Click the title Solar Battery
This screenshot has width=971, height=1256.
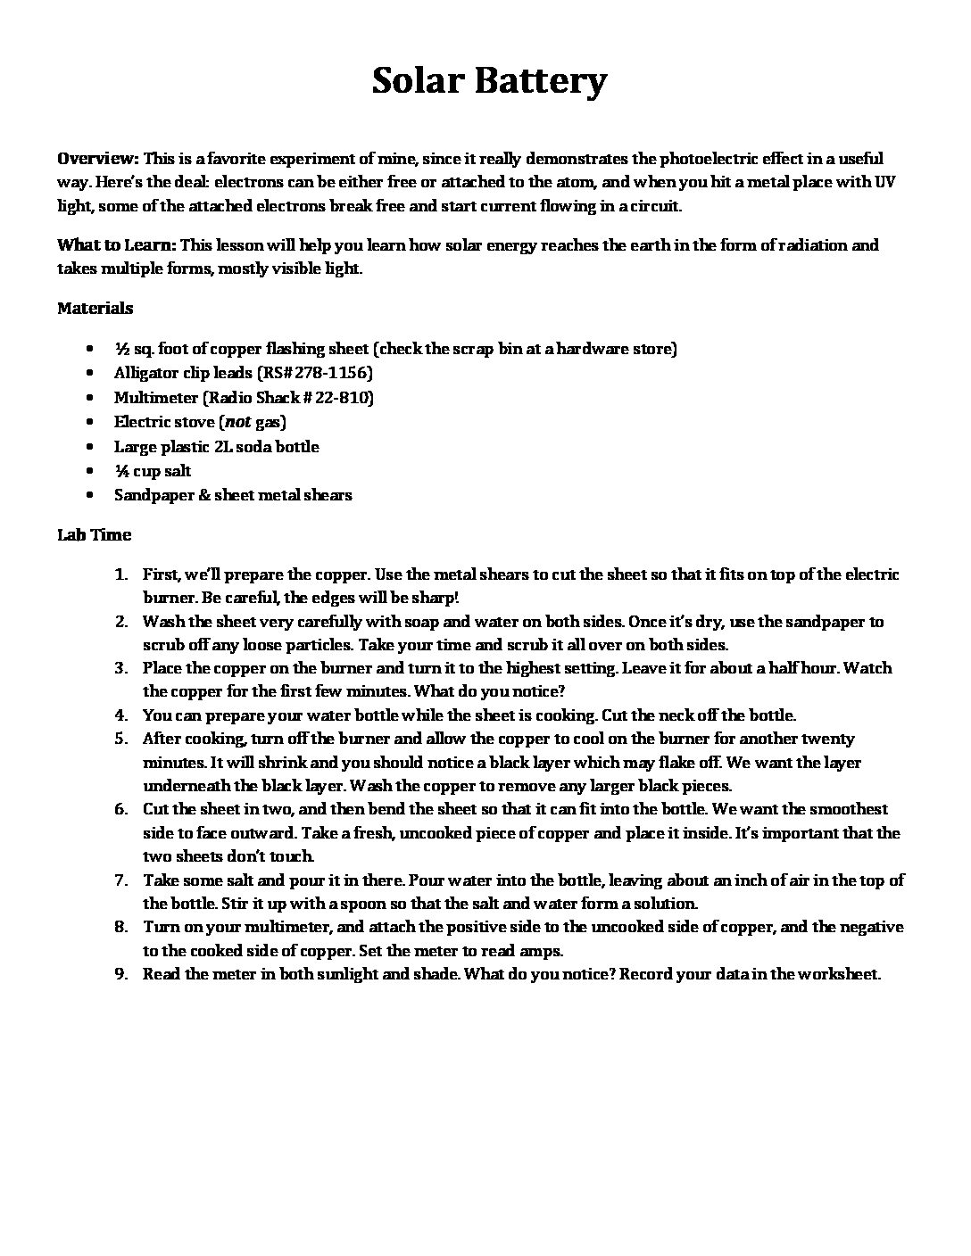pos(489,81)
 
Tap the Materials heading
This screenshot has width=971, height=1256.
pos(95,308)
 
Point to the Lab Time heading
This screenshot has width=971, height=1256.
pos(94,534)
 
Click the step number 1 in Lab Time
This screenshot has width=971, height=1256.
pos(124,574)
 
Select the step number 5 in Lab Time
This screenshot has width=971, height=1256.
pos(123,739)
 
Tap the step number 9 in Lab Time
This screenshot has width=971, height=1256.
pos(123,973)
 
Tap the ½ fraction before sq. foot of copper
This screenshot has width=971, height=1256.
pos(122,349)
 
